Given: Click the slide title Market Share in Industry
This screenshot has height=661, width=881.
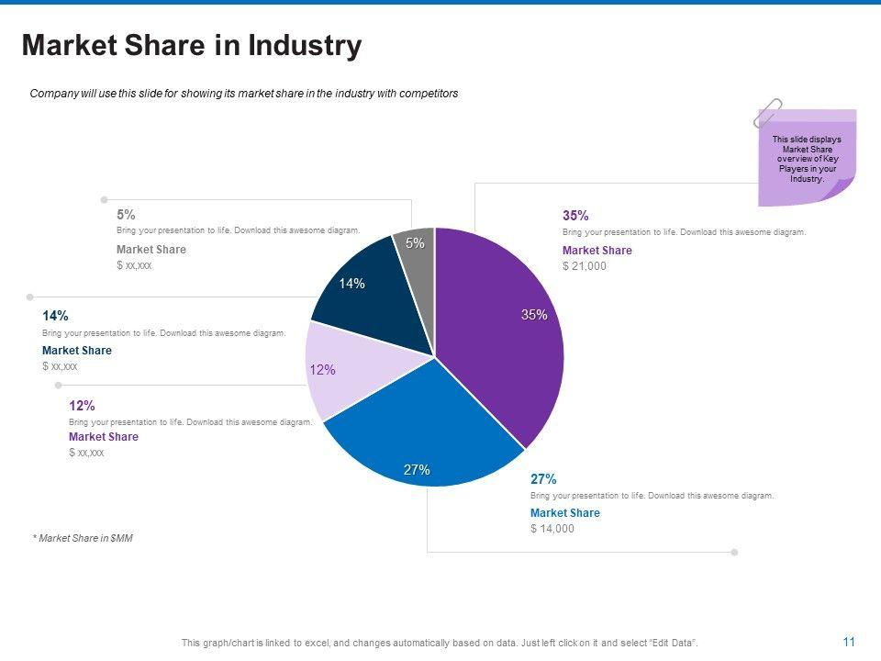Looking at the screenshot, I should [192, 46].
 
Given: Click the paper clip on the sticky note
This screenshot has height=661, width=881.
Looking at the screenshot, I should [767, 113].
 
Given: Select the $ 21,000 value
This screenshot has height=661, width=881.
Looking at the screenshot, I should [585, 266].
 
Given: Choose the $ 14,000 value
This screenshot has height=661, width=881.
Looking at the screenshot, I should [552, 529].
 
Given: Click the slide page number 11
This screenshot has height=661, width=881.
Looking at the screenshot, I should [849, 642].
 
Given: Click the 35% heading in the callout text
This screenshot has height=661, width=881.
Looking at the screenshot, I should [575, 216].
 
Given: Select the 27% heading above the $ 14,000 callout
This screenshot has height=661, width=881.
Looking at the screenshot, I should [543, 479].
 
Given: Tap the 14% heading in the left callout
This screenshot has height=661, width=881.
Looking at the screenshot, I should [55, 316].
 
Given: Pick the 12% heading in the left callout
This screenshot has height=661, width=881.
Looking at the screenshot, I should [82, 405].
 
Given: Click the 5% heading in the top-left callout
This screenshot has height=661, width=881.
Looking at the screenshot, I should [126, 215].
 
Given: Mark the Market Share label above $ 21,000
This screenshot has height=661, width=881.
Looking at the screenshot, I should [597, 251].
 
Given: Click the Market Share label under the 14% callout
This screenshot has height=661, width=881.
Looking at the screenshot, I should [77, 351].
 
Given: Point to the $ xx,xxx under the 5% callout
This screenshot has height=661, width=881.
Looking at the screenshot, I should [134, 265].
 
